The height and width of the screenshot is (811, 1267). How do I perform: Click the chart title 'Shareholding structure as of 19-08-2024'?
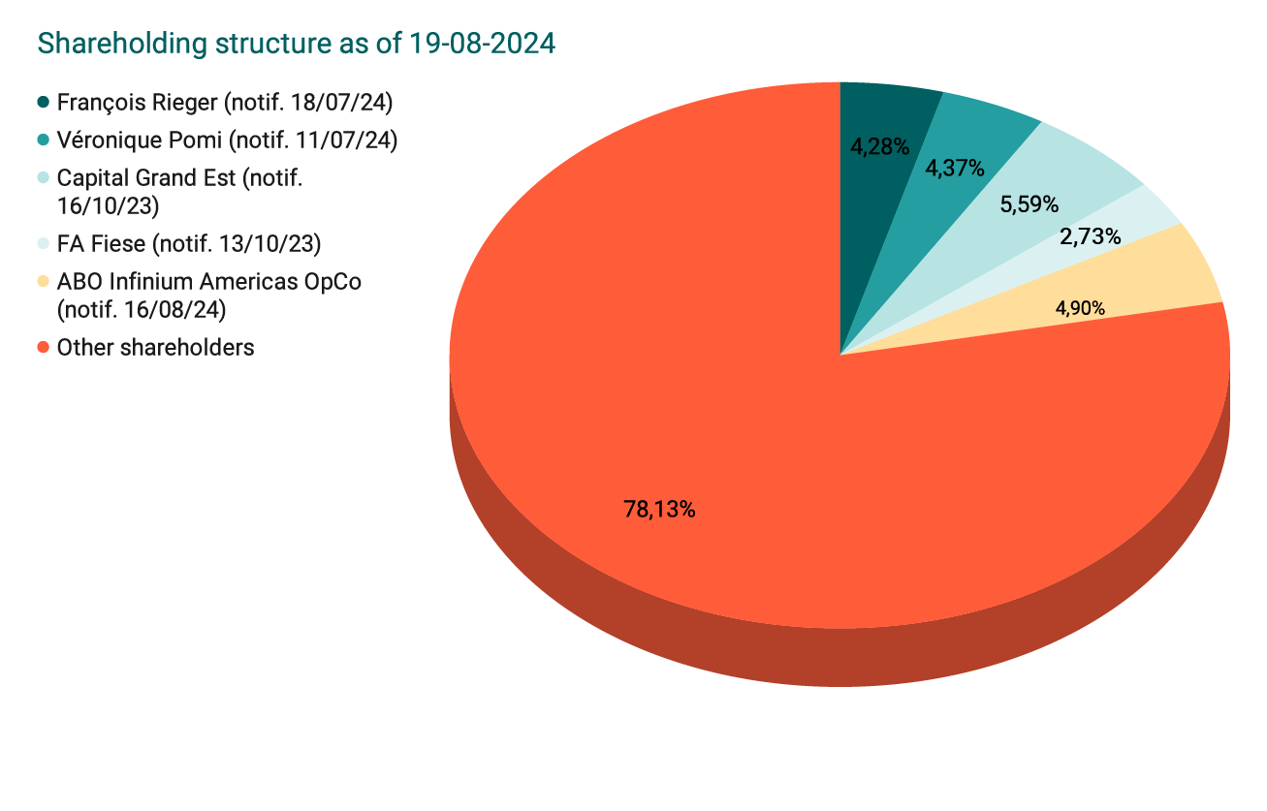pos(296,44)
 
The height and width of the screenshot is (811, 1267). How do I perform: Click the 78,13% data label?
pos(659,509)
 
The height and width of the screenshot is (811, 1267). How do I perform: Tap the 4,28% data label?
pos(879,147)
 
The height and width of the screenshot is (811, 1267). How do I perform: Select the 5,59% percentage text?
pos(1029,204)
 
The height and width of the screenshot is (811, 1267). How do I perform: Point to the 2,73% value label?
pos(1091,236)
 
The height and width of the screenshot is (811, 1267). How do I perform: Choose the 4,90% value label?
pos(1080,309)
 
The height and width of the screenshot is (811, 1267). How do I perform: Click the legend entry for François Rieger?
pos(224,102)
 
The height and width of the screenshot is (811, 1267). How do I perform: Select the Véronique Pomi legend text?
pos(227,140)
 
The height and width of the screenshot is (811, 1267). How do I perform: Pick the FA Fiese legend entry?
pos(188,242)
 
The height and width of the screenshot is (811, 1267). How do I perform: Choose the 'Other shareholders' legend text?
pos(155,347)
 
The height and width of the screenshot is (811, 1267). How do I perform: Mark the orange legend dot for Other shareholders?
pos(43,347)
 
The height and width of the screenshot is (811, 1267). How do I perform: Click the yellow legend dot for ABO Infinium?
pos(43,282)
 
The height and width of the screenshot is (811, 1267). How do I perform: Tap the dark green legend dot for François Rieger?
pos(43,102)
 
